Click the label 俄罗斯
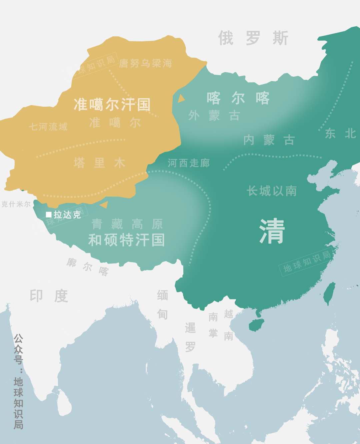tap(253, 38)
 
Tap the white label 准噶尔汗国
tap(112, 104)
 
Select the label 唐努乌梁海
tap(146, 63)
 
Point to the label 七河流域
tap(48, 126)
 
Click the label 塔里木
tap(99, 163)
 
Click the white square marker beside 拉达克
tap(49, 214)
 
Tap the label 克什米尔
tap(16, 204)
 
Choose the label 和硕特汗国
tap(127, 240)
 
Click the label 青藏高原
tap(127, 224)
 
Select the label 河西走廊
tap(189, 163)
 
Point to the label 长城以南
tap(272, 191)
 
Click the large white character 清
tap(272, 231)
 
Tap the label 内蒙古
tap(269, 140)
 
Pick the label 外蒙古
tap(214, 116)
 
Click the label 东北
tap(340, 133)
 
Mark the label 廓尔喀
tap(88, 267)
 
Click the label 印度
tap(49, 296)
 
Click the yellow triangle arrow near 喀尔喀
tap(181, 98)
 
